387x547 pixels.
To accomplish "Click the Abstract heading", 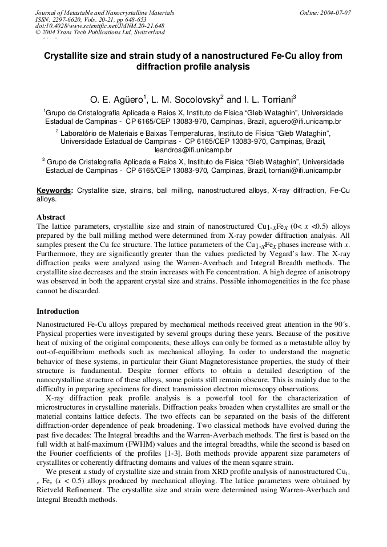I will pos(51,217).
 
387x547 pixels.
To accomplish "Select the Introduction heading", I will pos(58,311).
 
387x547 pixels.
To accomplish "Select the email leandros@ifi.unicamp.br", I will pos(193,150).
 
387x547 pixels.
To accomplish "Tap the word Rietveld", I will pos(52,490).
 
